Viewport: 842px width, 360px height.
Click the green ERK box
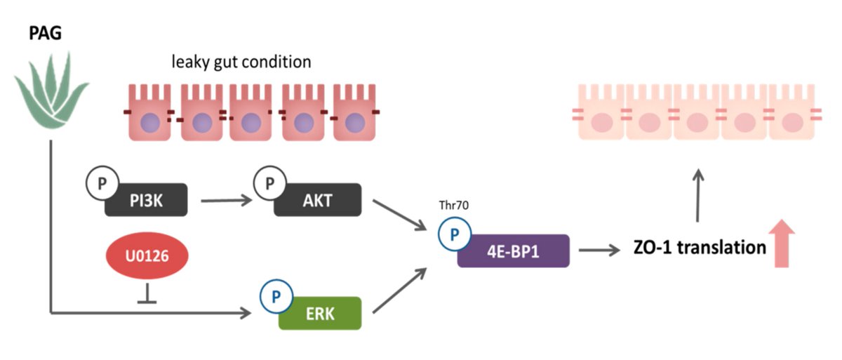(x=320, y=314)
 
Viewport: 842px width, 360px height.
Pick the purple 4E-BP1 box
(x=513, y=251)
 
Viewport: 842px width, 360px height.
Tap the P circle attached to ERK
(x=276, y=298)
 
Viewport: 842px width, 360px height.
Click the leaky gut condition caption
(x=241, y=62)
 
